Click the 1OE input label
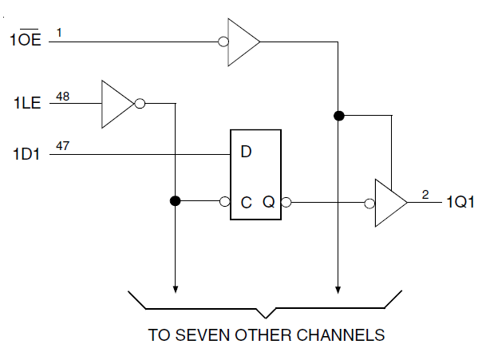coord(26,40)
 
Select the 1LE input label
coord(26,104)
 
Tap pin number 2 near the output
coord(425,194)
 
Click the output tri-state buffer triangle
coord(391,203)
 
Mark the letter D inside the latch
coord(247,151)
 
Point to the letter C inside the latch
coord(247,203)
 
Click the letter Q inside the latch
coord(268,203)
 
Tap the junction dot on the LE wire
coord(175,202)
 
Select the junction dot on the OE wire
coord(338,116)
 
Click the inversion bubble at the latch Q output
coord(286,203)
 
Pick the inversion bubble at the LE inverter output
coord(140,104)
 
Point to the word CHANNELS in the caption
coord(346,335)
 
